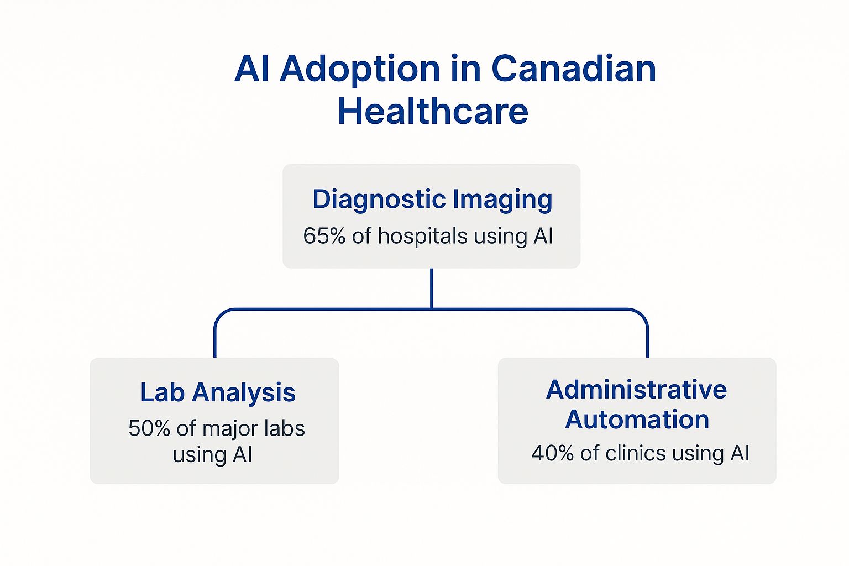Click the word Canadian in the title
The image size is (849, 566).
click(x=573, y=69)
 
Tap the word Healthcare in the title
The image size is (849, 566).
click(x=433, y=111)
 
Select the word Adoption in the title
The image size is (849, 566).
click(x=360, y=70)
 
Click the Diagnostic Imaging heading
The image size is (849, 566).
click(x=432, y=200)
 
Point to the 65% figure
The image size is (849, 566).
click(x=324, y=236)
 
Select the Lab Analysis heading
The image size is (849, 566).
click(x=218, y=392)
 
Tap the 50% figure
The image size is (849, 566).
click(x=149, y=429)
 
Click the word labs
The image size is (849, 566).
click(x=284, y=428)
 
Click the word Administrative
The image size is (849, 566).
click(x=636, y=390)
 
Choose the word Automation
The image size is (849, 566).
click(x=637, y=420)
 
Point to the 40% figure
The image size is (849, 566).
click(x=552, y=453)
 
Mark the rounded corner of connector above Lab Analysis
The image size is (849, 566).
click(x=219, y=314)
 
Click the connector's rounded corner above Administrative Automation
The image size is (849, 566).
click(x=643, y=314)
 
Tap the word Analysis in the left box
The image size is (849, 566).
click(x=244, y=393)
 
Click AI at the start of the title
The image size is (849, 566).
click(x=253, y=69)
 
